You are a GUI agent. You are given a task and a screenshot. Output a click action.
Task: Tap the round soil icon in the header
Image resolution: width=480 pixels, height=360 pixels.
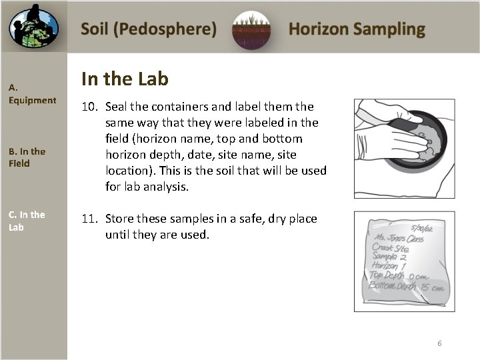[251, 30]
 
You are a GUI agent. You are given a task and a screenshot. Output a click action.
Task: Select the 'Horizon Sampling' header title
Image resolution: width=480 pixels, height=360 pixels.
[357, 29]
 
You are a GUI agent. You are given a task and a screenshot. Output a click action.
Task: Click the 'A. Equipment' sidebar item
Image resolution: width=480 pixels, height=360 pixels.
[32, 94]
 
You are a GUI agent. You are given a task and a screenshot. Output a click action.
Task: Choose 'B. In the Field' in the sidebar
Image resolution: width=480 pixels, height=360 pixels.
[27, 157]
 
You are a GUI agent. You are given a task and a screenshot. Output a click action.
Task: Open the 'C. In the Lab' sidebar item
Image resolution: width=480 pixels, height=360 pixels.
[27, 221]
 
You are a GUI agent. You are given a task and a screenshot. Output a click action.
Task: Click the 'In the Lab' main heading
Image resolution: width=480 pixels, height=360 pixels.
[125, 79]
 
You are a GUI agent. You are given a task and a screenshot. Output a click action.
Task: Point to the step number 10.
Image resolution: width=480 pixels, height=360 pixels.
[89, 107]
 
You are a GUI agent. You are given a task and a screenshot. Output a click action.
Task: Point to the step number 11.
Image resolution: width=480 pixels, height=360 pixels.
[89, 219]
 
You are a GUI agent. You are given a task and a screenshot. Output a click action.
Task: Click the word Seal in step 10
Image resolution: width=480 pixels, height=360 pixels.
[117, 107]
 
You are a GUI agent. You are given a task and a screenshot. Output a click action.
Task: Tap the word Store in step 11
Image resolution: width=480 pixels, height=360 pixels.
[120, 219]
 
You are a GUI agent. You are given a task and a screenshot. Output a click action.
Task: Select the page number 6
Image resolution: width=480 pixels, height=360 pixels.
[439, 343]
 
